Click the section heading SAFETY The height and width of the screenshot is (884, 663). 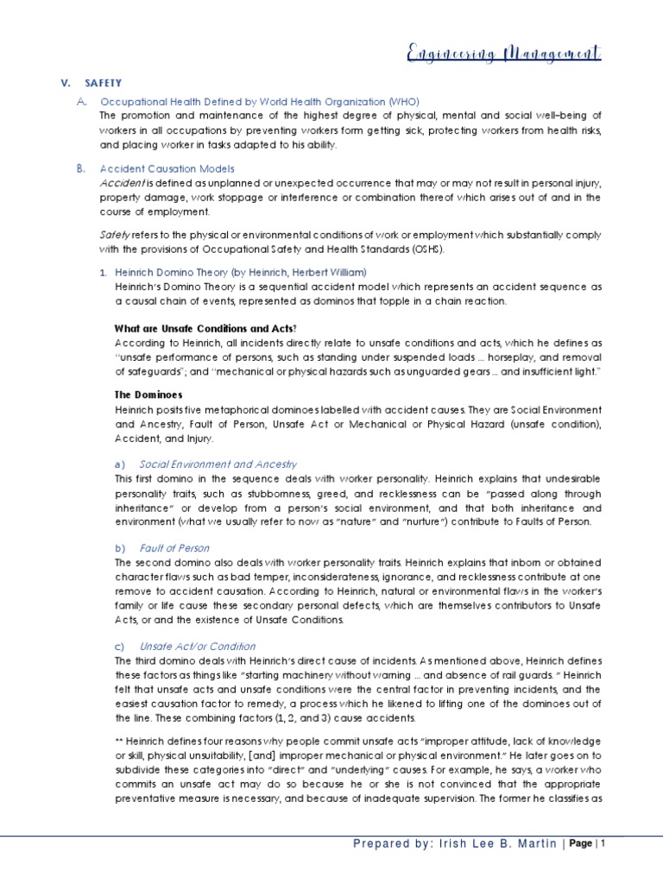pyautogui.click(x=104, y=83)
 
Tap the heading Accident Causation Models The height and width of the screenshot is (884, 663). pyautogui.click(x=167, y=168)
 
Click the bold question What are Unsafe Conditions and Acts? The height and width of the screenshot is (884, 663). pyautogui.click(x=205, y=328)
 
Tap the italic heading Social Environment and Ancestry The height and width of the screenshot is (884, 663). pyautogui.click(x=218, y=464)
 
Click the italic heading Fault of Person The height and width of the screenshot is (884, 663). pyautogui.click(x=174, y=547)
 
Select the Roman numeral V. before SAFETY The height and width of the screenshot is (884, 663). pyautogui.click(x=65, y=83)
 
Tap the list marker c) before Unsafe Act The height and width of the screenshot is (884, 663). pyautogui.click(x=120, y=646)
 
